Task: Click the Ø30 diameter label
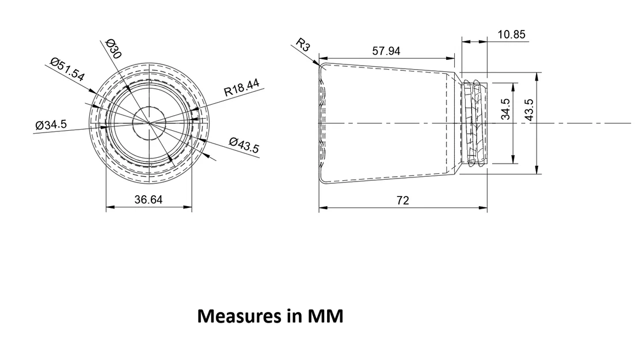[x=113, y=48]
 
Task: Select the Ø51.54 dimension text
[x=67, y=69]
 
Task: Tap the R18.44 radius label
[x=242, y=87]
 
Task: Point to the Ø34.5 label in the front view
[x=51, y=124]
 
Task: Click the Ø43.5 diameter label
[x=244, y=145]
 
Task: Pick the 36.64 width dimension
[x=148, y=199]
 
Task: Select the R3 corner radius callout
[x=303, y=44]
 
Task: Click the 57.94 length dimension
[x=386, y=51]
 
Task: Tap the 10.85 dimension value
[x=511, y=35]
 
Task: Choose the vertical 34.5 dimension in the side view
[x=505, y=109]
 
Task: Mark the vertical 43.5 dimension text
[x=529, y=109]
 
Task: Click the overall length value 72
[x=402, y=200]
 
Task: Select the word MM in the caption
[x=325, y=316]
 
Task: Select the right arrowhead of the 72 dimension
[x=483, y=208]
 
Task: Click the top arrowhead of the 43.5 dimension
[x=537, y=77]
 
